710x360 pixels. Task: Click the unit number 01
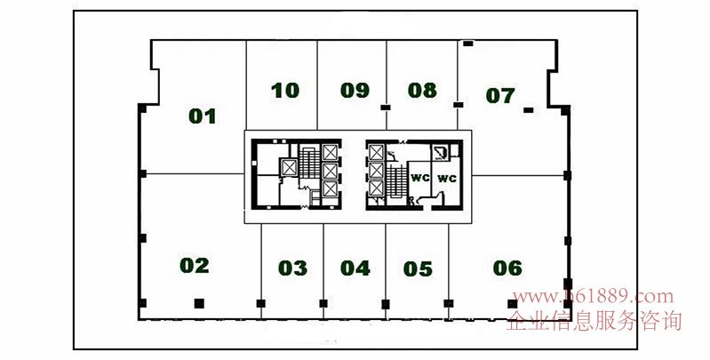pyautogui.click(x=202, y=116)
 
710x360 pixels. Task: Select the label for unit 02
pyautogui.click(x=195, y=266)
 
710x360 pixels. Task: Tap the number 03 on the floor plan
pyautogui.click(x=292, y=268)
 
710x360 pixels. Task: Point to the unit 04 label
pyautogui.click(x=355, y=268)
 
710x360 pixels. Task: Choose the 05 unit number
pyautogui.click(x=418, y=269)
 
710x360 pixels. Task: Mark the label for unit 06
pyautogui.click(x=507, y=268)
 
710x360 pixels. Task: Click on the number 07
pyautogui.click(x=500, y=95)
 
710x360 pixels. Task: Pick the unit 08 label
pyautogui.click(x=422, y=90)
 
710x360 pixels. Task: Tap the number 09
pyautogui.click(x=355, y=90)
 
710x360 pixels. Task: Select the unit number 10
pyautogui.click(x=285, y=91)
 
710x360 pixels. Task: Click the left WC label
pyautogui.click(x=419, y=178)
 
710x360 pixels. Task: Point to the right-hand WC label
pyautogui.click(x=447, y=179)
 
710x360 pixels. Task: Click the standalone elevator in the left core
pyautogui.click(x=289, y=168)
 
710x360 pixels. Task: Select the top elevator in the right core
pyautogui.click(x=376, y=152)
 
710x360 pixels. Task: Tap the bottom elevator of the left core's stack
pyautogui.click(x=330, y=188)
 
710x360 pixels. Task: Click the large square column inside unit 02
pyautogui.click(x=199, y=303)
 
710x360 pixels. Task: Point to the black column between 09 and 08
pyautogui.click(x=386, y=108)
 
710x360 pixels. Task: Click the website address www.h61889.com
pyautogui.click(x=594, y=297)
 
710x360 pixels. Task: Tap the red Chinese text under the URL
pyautogui.click(x=594, y=321)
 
